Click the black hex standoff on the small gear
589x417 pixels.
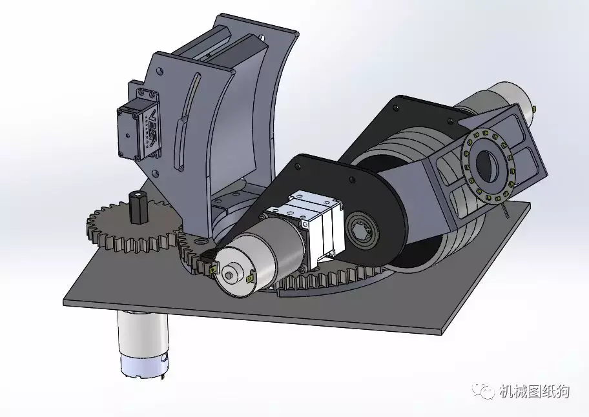pyautogui.click(x=137, y=206)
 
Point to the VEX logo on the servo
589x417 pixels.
pyautogui.click(x=152, y=130)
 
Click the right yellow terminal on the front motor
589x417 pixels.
pyautogui.click(x=249, y=279)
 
